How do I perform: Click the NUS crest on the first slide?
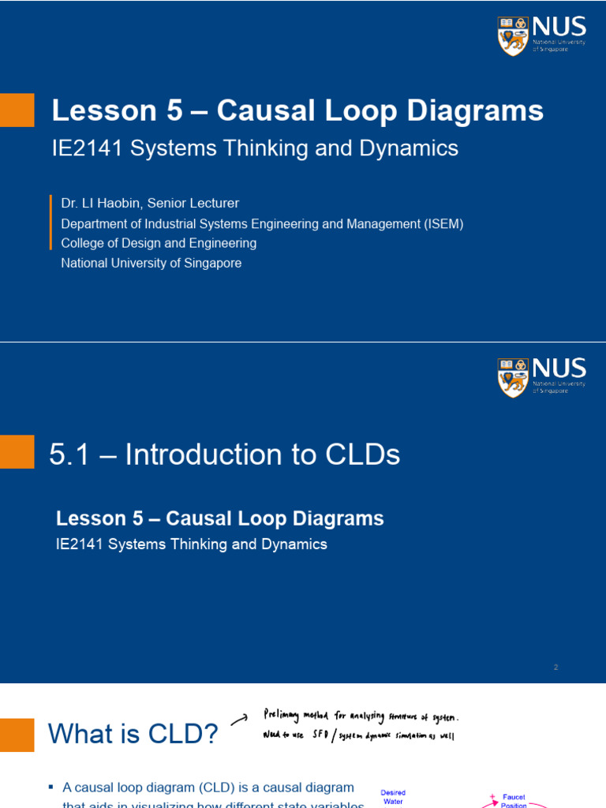point(513,36)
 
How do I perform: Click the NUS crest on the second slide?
point(513,377)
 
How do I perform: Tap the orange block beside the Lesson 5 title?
point(17,110)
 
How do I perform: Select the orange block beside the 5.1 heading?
point(17,451)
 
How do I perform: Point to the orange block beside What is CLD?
point(17,735)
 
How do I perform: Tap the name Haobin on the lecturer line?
point(127,204)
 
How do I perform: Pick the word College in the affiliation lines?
point(84,244)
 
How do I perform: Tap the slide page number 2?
point(555,668)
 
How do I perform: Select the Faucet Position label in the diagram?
point(514,801)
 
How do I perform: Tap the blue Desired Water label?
point(393,797)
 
